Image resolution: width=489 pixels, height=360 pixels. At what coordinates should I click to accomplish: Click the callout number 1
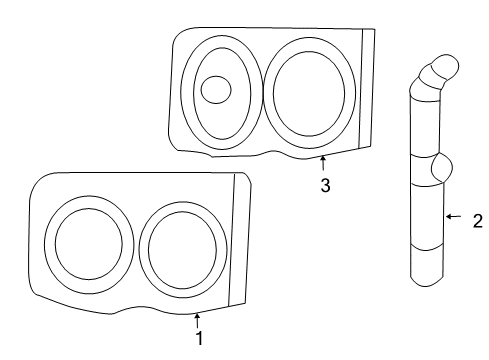[x=199, y=338]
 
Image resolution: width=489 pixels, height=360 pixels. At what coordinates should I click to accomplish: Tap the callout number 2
[x=478, y=221]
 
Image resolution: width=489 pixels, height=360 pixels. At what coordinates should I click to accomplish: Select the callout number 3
[x=326, y=185]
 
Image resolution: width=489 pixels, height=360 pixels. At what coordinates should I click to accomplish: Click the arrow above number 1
[x=197, y=321]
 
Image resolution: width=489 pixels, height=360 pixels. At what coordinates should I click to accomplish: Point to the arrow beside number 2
[x=454, y=217]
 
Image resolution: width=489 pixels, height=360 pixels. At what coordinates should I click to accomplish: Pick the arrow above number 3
[x=323, y=163]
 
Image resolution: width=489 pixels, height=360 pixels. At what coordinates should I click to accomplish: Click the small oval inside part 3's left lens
[x=216, y=90]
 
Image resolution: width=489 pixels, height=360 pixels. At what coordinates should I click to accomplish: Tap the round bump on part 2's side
[x=442, y=167]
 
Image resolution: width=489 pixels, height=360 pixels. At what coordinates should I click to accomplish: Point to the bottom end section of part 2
[x=427, y=266]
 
